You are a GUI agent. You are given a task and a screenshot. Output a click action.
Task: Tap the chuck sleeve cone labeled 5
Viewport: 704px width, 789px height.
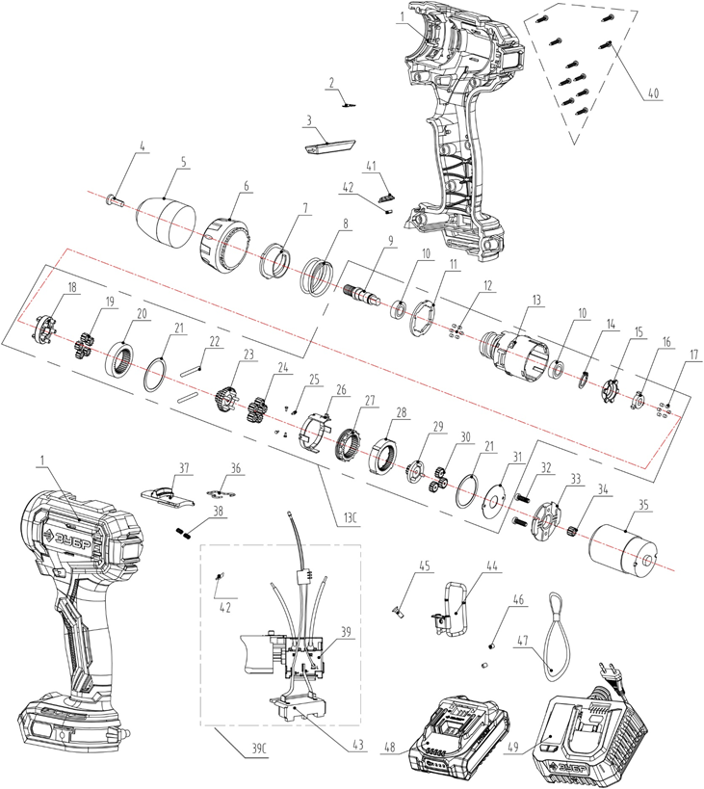tap(166, 223)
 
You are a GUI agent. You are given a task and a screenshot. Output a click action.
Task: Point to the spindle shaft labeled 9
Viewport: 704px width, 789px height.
tap(364, 294)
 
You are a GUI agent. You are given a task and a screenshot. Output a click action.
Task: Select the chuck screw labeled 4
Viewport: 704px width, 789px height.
tap(116, 200)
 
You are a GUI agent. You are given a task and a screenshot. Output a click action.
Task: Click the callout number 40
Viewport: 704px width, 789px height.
tap(653, 93)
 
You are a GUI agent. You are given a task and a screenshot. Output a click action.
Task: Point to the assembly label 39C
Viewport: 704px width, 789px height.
tap(257, 750)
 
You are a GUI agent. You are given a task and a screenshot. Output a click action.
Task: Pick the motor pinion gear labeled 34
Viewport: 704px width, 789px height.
tap(570, 529)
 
